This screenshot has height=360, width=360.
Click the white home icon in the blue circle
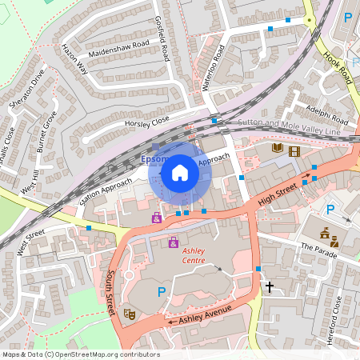click(180, 172)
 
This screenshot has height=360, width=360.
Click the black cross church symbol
click(270, 286)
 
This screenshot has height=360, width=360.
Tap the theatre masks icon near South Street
click(129, 314)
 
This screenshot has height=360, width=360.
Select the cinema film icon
click(294, 150)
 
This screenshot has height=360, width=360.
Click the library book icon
click(278, 148)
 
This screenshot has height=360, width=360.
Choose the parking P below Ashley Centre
click(161, 293)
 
